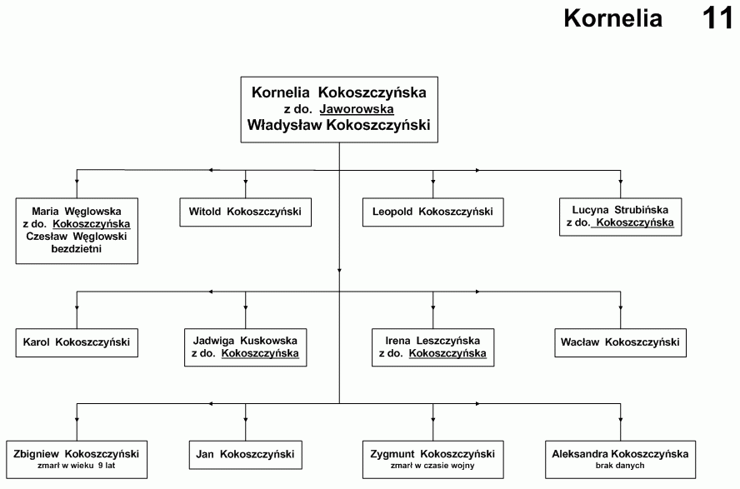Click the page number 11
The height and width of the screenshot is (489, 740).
(717, 18)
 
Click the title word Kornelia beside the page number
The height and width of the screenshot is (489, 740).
(613, 18)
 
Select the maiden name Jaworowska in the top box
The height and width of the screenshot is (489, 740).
(357, 109)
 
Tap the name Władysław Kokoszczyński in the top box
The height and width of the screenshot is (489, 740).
(339, 125)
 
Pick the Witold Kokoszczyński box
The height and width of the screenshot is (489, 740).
(245, 212)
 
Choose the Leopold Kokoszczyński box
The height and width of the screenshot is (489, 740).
(432, 212)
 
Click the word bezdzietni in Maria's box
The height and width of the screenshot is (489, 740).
(77, 248)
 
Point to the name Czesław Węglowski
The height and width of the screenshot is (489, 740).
(77, 237)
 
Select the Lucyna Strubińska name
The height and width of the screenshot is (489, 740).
(620, 210)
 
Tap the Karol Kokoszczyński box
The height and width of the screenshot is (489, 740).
(77, 343)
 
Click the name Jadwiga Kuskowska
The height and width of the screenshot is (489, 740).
(245, 341)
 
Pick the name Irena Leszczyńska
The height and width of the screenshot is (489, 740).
(432, 341)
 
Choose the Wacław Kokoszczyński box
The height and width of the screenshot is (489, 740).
(620, 343)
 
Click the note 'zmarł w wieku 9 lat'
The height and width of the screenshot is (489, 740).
(77, 466)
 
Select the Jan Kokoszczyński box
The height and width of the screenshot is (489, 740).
(245, 455)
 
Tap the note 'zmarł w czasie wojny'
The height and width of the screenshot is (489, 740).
(432, 466)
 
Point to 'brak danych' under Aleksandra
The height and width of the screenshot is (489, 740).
(620, 466)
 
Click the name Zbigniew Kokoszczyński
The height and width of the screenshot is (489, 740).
(76, 454)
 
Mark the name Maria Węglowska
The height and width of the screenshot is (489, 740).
(77, 212)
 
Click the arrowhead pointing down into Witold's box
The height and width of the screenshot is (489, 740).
(245, 181)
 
